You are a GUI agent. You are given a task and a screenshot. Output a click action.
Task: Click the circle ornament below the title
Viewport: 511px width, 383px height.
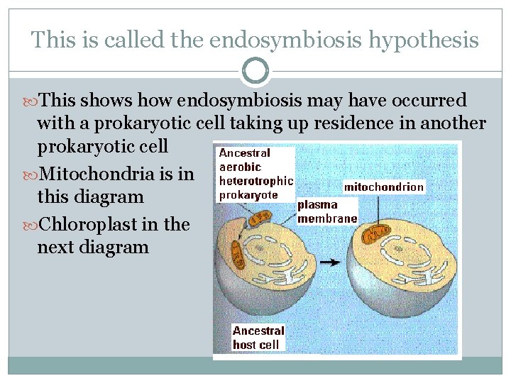(255, 71)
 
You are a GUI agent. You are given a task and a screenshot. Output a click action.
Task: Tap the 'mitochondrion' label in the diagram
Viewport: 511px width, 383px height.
(383, 187)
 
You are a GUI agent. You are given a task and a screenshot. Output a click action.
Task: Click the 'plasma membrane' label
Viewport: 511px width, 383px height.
(327, 211)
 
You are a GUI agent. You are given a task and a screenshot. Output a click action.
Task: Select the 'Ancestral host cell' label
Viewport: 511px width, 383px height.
(258, 338)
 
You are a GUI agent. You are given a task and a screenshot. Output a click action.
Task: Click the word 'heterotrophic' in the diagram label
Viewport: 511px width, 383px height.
(255, 180)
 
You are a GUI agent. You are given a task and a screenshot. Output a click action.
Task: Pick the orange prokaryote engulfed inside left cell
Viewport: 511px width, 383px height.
(239, 260)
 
